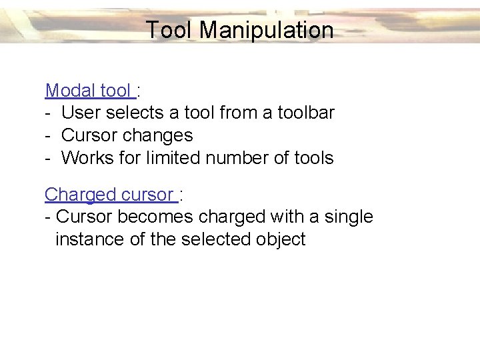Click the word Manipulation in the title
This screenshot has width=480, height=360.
click(x=267, y=30)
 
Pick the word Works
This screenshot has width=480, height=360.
click(x=87, y=158)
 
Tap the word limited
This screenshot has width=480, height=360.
click(x=173, y=158)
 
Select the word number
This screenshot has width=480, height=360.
click(x=235, y=158)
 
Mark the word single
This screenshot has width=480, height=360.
click(x=349, y=217)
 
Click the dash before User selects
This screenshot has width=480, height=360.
click(x=48, y=113)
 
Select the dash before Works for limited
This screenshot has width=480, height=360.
click(x=48, y=158)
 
